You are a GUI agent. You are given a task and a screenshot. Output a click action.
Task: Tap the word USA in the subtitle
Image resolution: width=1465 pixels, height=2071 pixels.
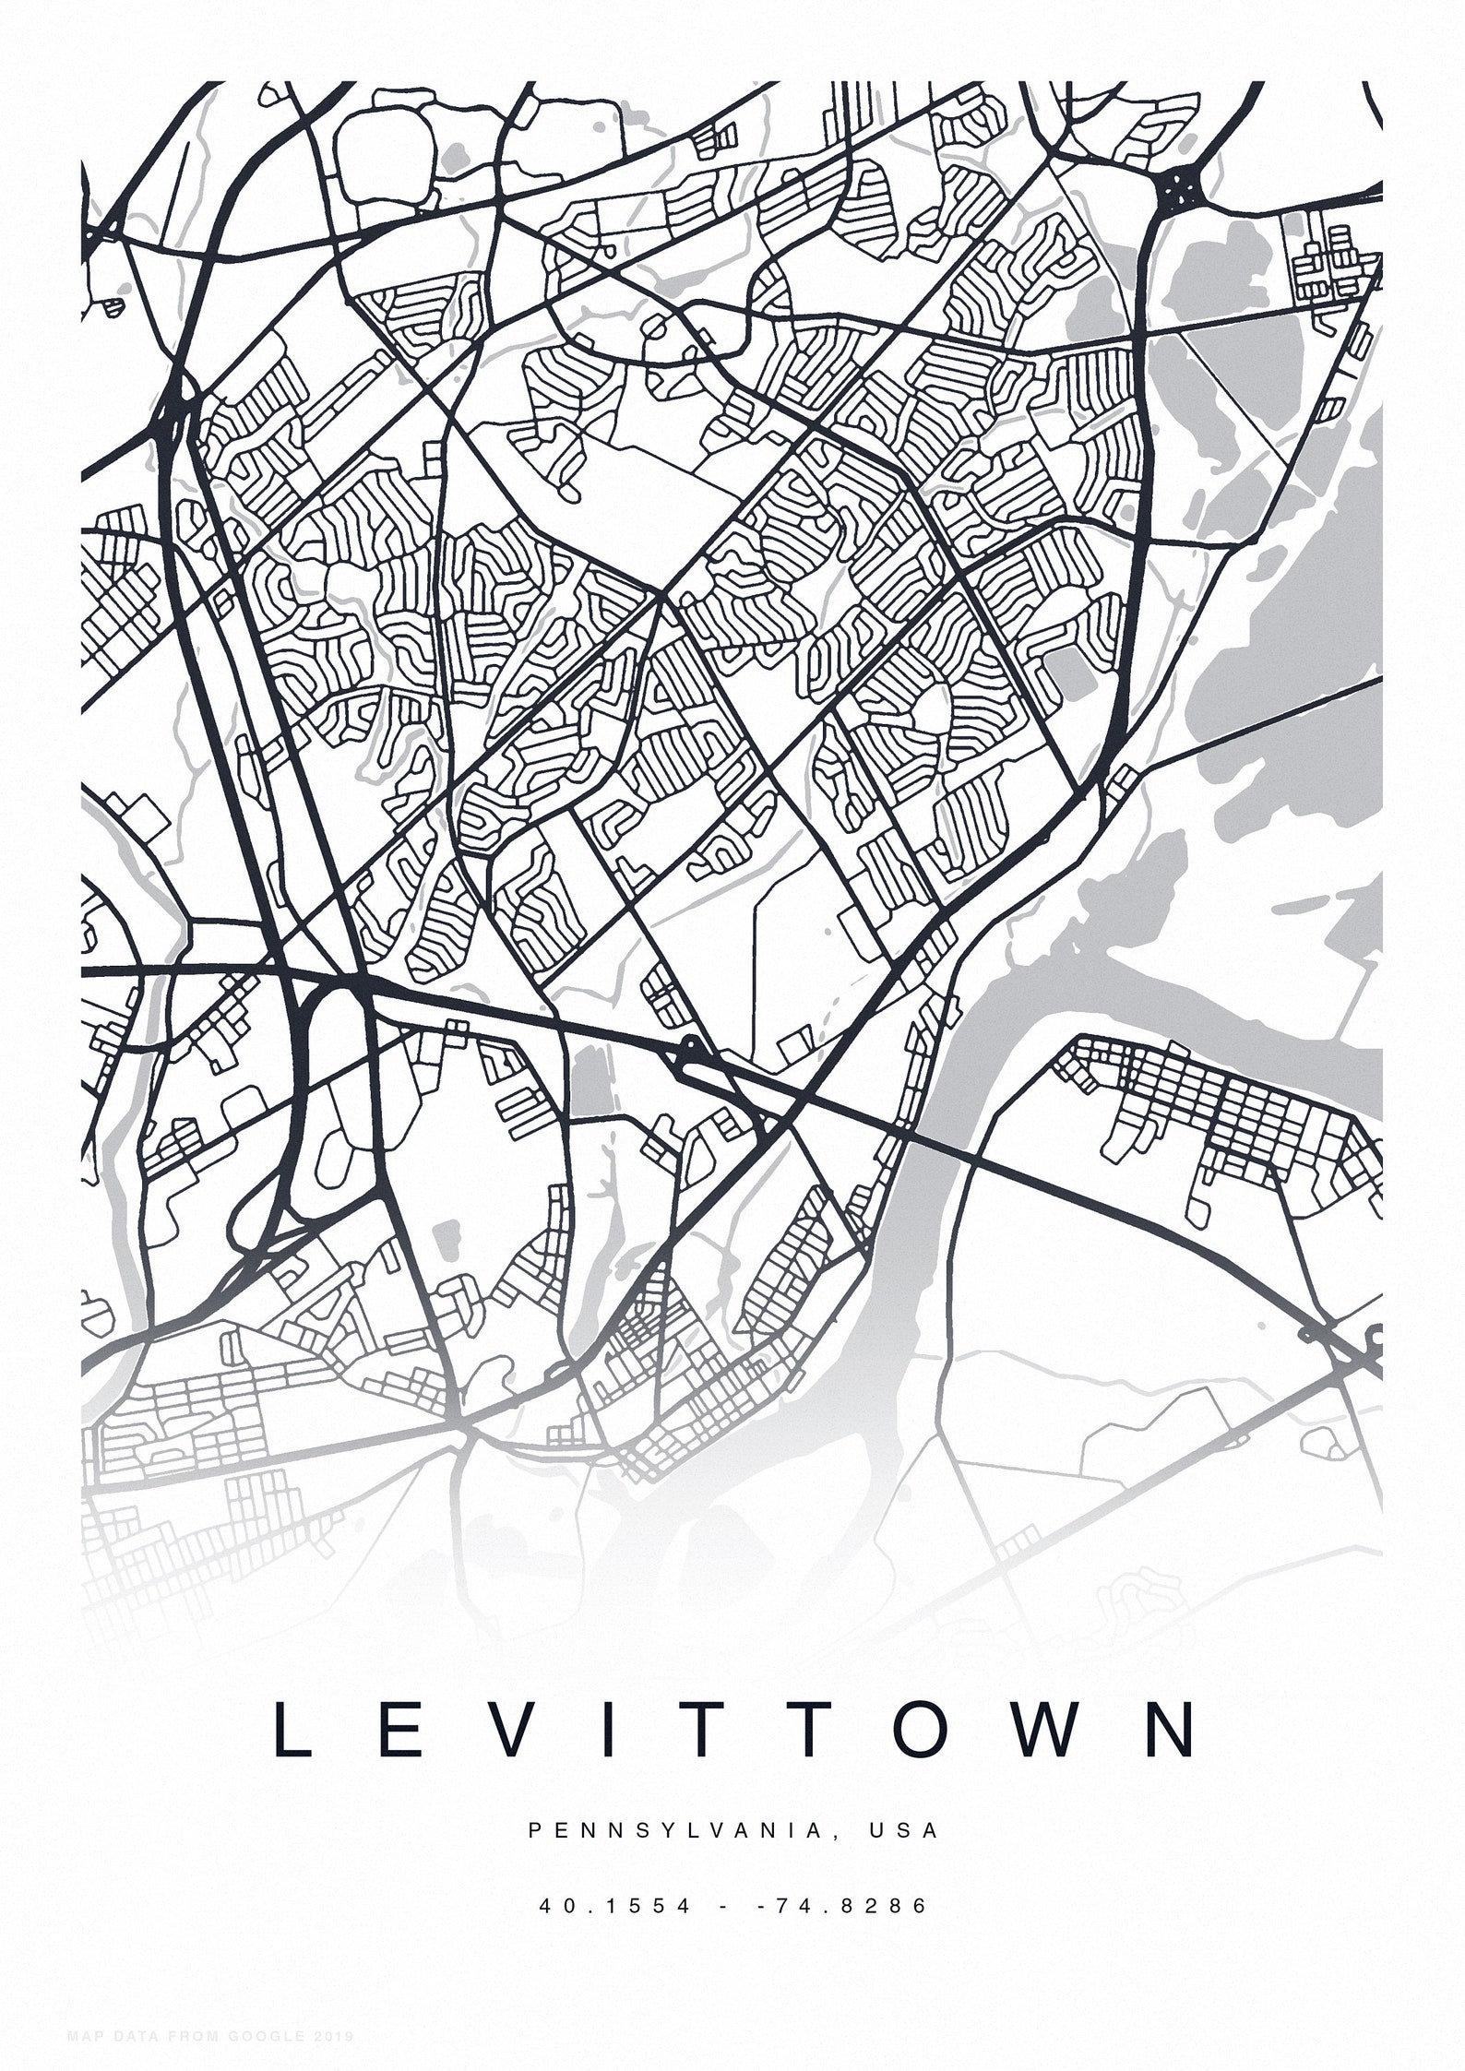[903, 1830]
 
